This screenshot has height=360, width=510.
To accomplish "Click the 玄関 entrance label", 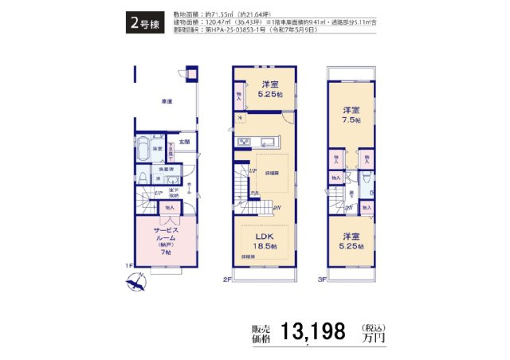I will click(184, 142).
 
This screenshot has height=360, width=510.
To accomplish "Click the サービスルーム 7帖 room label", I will click(167, 238).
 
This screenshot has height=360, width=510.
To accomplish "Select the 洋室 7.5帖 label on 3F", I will click(351, 115).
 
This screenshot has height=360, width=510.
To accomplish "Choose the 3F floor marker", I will click(322, 280).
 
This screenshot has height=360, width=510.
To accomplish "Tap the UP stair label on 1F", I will click(159, 194).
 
